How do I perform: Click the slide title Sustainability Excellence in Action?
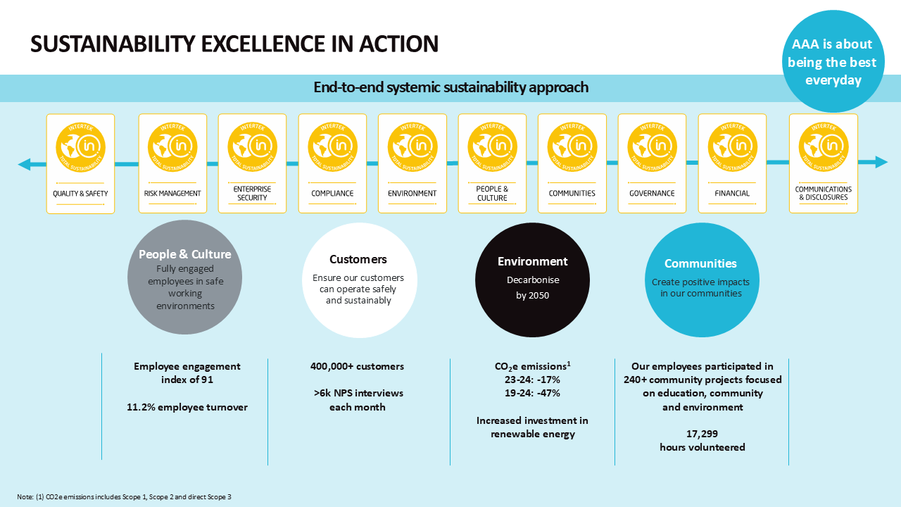[234, 44]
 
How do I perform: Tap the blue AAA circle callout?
[833, 62]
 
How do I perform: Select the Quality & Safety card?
[80, 163]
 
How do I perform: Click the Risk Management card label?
[172, 194]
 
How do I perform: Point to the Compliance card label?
[332, 194]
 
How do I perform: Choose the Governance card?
[652, 163]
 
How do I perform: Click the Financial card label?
[732, 194]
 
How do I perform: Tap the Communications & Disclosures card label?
[824, 194]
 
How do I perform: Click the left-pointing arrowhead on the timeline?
[25, 165]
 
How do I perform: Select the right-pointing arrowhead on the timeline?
[881, 162]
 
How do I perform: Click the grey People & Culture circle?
[184, 279]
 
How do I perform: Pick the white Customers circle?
[358, 280]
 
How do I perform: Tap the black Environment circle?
[532, 280]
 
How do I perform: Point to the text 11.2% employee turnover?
[187, 407]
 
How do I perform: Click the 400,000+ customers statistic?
[358, 366]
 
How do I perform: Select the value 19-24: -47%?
[533, 393]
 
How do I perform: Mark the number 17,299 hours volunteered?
[702, 441]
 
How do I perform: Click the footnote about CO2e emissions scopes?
[125, 497]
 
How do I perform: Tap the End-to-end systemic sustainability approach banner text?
[450, 88]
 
